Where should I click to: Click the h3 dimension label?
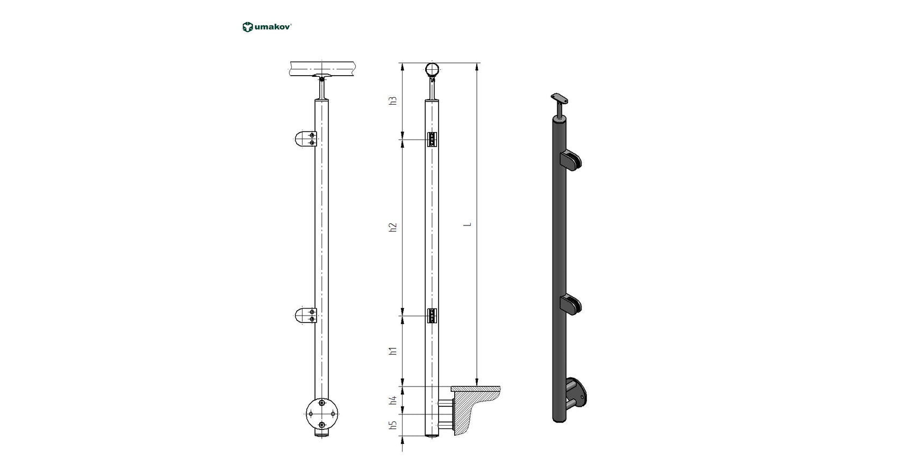(393, 100)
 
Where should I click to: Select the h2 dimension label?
(393, 227)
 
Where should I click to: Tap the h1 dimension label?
(393, 351)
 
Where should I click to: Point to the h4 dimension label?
(393, 400)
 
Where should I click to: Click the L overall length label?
(468, 224)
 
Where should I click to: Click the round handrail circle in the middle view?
(432, 69)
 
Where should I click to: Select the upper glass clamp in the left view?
(306, 140)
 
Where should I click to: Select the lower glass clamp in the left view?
(306, 316)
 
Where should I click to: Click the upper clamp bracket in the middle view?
(432, 140)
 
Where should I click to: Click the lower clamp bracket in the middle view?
(432, 316)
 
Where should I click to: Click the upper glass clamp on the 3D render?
(571, 160)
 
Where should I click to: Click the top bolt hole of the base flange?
(321, 403)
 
